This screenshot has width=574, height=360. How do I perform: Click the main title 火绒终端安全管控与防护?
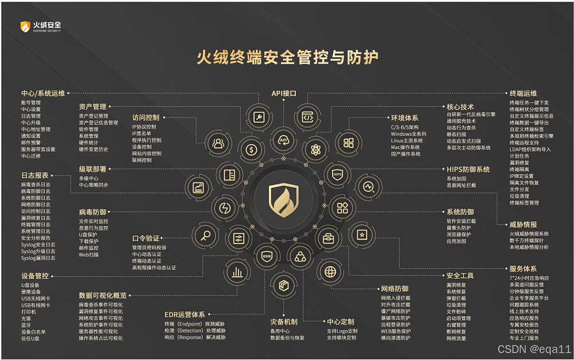point(287,57)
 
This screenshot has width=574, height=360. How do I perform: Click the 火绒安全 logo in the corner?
point(41,26)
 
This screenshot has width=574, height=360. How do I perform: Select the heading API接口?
point(284,92)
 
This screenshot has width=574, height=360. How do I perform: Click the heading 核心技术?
point(460,107)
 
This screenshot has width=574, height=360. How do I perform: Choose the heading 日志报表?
point(35,175)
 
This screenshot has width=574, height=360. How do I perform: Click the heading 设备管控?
point(35,275)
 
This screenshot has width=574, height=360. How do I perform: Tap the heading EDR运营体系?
point(184,315)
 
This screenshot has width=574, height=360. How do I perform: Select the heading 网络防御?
point(395,288)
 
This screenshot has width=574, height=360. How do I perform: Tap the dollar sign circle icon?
point(251,150)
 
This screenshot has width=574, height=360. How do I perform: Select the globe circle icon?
point(330,271)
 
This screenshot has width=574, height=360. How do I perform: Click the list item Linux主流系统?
point(407,140)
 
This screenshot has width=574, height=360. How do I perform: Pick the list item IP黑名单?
point(142,133)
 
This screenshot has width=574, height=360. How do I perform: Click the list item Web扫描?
point(88,255)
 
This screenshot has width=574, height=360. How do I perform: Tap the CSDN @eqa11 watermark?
point(534,349)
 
